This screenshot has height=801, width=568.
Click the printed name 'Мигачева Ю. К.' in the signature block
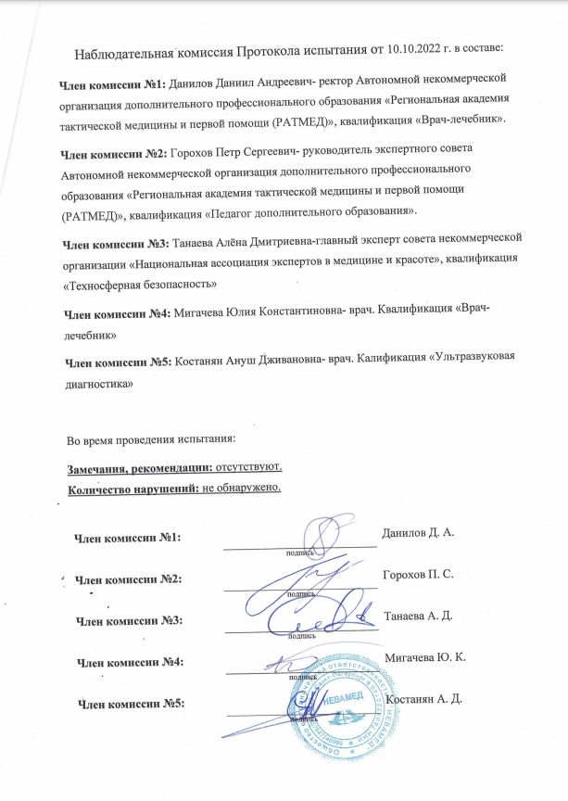tap(424, 656)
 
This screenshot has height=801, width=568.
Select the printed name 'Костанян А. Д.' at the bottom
tap(424, 697)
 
